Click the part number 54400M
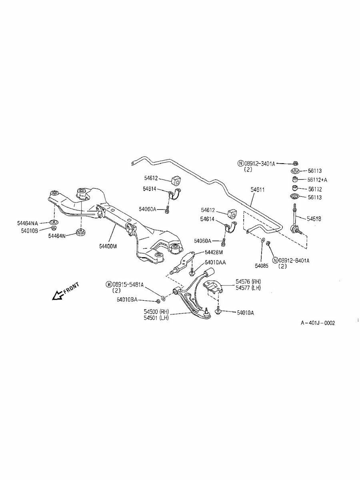click(x=108, y=246)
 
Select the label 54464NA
click(x=28, y=223)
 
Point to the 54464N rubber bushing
click(x=81, y=232)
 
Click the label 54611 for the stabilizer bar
click(x=258, y=190)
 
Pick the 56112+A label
click(x=317, y=180)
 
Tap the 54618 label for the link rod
click(x=314, y=218)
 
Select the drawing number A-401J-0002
click(x=318, y=323)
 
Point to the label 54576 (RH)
click(x=248, y=282)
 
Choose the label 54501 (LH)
click(x=156, y=318)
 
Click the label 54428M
click(x=214, y=252)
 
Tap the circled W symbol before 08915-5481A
click(x=109, y=284)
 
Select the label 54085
click(x=262, y=266)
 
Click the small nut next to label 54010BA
click(x=158, y=301)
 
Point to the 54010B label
click(x=30, y=230)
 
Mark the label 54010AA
click(x=215, y=262)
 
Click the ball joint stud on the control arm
click(x=206, y=310)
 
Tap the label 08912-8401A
click(x=294, y=260)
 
